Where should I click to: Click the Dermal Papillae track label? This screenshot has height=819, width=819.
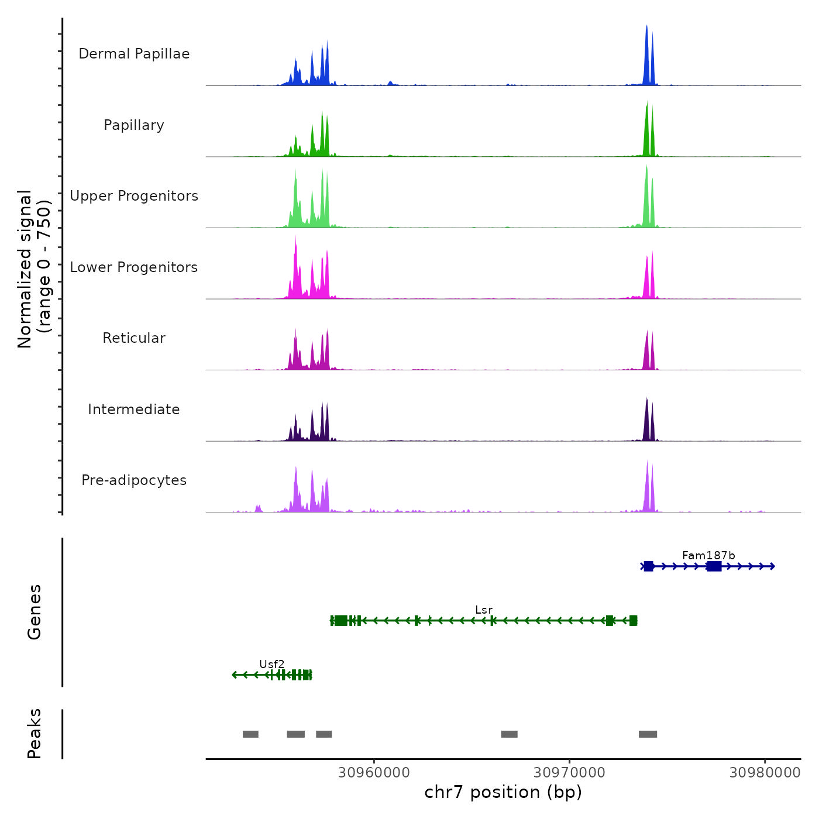[134, 54]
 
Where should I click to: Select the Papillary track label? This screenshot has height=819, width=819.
[134, 125]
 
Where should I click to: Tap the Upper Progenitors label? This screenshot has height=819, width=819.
[134, 196]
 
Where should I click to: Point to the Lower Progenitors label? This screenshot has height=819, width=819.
[134, 267]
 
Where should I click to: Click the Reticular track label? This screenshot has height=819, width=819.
[134, 338]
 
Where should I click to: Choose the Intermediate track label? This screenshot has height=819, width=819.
[134, 409]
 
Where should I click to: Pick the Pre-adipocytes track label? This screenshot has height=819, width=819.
[134, 480]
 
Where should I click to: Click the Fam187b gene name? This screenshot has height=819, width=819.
[708, 556]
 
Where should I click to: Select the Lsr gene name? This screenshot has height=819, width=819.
[484, 610]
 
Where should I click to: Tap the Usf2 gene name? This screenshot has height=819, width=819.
[272, 665]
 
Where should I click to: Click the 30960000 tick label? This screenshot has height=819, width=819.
[374, 773]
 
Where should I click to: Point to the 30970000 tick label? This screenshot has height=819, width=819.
[569, 773]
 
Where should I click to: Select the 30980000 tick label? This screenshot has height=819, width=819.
[765, 773]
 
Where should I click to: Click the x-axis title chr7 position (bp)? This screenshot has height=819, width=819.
[503, 793]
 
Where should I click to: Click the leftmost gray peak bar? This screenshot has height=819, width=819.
[250, 734]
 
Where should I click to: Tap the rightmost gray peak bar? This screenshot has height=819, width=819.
[648, 734]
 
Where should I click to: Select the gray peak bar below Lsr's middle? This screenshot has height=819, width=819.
[509, 734]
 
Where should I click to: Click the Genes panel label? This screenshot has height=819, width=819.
[35, 612]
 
